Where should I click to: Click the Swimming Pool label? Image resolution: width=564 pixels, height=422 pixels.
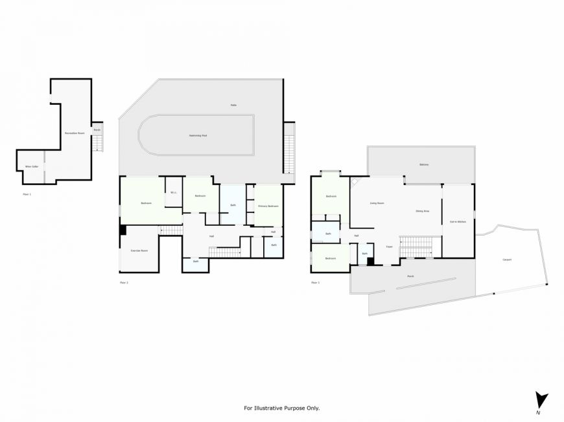[198, 136]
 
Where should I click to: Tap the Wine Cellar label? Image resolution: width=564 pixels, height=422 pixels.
[32, 166]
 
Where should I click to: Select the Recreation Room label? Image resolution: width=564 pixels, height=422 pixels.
[75, 133]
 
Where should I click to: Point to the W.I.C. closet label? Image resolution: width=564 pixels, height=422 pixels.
[174, 192]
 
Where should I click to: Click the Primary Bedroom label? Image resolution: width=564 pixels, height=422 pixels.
[268, 206]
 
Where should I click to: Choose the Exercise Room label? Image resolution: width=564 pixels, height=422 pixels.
[139, 250]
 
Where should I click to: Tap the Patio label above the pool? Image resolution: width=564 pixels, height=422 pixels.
[233, 105]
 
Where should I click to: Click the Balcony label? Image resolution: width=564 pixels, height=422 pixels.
[424, 164]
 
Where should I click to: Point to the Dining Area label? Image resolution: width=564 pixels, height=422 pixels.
[423, 211]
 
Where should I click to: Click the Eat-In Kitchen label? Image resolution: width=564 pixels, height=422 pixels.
[458, 222]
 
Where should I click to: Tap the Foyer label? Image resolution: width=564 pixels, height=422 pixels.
[389, 247]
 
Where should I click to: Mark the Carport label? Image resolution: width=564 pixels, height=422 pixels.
[507, 260]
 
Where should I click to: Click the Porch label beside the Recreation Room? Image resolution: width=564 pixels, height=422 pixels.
[97, 129]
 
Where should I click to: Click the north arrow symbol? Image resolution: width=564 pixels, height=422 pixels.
[541, 401]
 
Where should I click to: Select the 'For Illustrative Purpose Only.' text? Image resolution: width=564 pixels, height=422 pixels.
[281, 408]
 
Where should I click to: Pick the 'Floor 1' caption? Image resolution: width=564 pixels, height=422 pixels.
[27, 194]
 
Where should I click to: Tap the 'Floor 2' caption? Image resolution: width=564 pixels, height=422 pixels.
[124, 283]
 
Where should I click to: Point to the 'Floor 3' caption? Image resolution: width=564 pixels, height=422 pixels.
[315, 283]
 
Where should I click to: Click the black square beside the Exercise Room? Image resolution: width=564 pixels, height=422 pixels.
[123, 230]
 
